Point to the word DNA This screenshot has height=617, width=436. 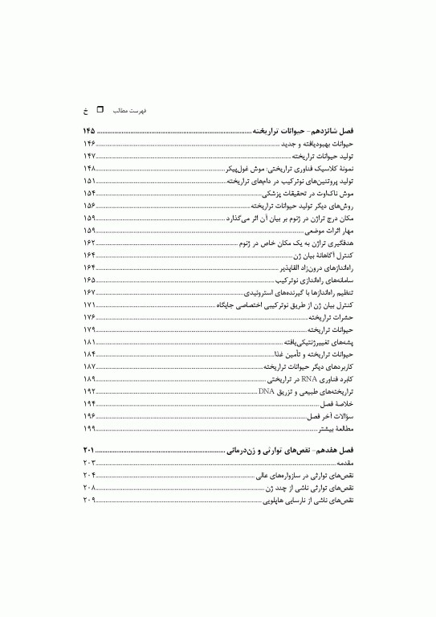[x=267, y=412]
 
